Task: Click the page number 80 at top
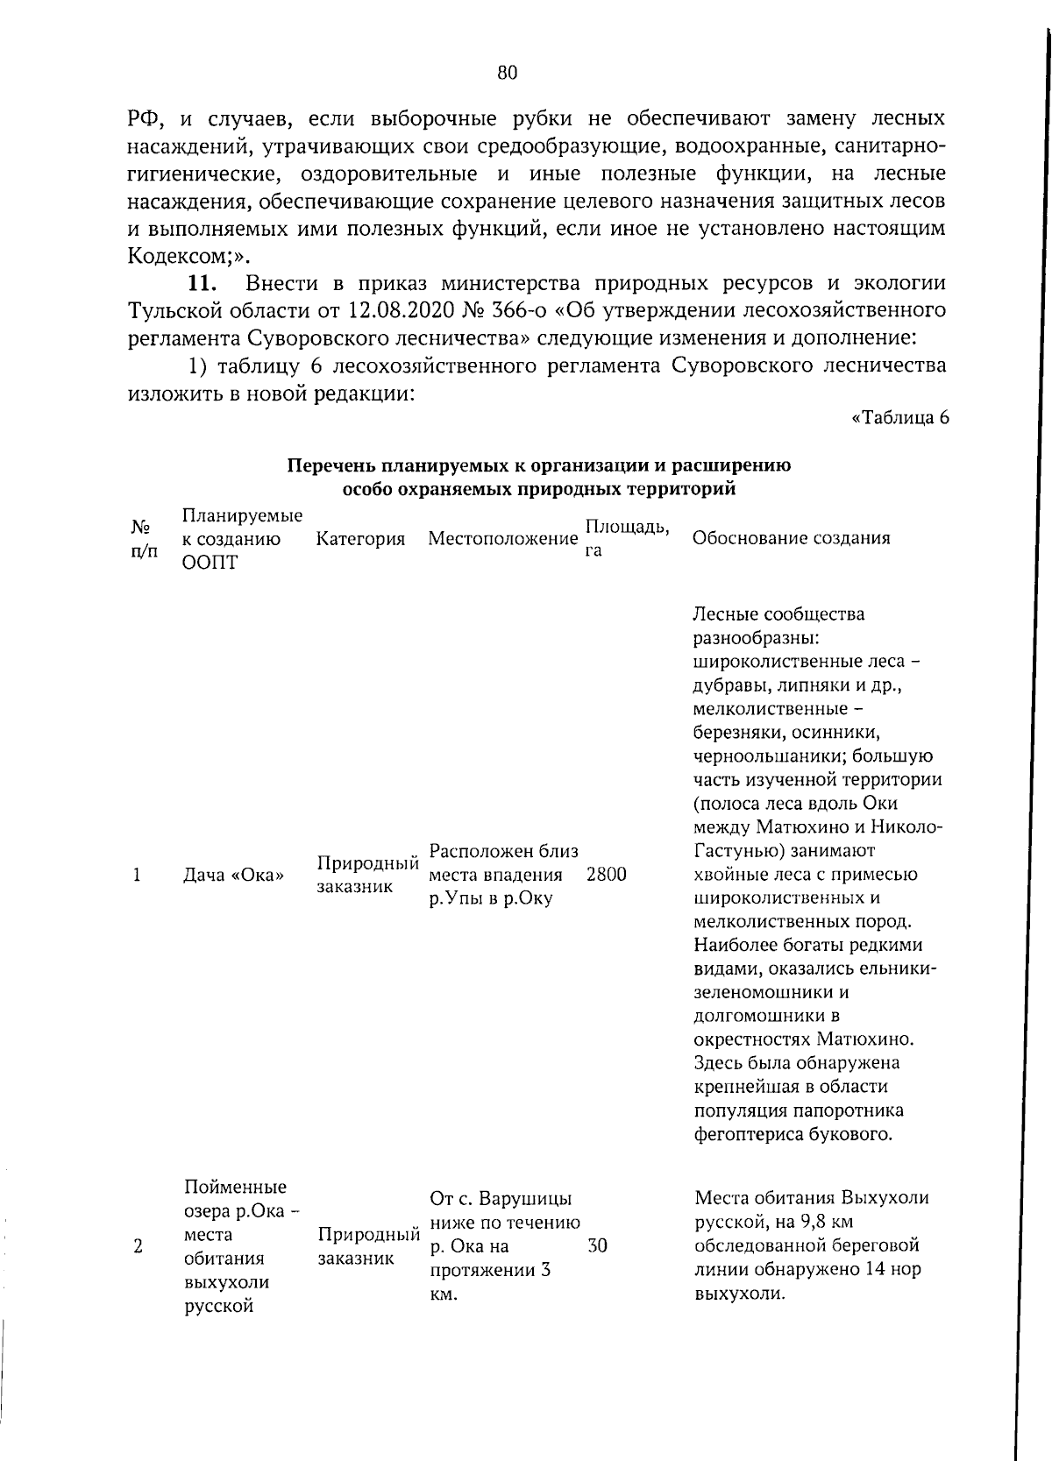[508, 73]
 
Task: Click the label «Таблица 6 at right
[900, 417]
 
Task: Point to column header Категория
[360, 539]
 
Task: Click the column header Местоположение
[502, 539]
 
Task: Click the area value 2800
[607, 875]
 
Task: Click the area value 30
[597, 1245]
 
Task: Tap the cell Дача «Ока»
[234, 875]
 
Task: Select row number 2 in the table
[138, 1245]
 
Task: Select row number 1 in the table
[138, 875]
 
